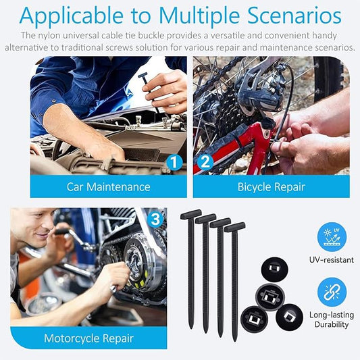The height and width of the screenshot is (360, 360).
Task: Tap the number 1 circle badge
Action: click(x=174, y=161)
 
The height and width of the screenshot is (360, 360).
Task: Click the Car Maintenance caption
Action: click(x=108, y=186)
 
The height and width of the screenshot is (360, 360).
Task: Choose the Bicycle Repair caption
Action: click(x=271, y=186)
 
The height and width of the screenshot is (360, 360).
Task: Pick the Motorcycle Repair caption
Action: click(x=88, y=338)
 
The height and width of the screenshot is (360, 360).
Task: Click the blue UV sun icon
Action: click(x=332, y=236)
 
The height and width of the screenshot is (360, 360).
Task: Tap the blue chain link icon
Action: click(x=332, y=292)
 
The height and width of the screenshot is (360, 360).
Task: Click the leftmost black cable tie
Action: click(x=190, y=270)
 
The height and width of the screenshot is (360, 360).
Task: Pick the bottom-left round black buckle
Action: click(x=255, y=318)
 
